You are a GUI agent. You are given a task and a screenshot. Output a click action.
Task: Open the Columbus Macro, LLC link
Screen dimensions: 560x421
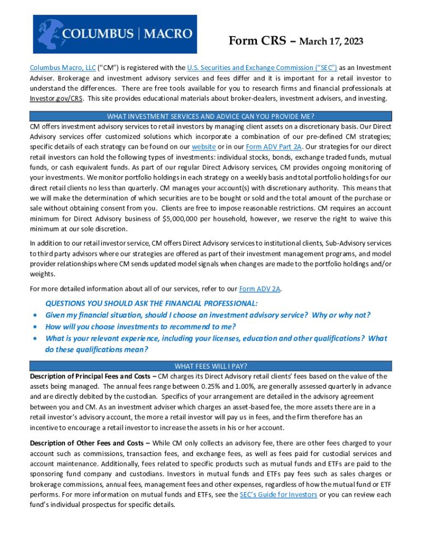click(x=62, y=68)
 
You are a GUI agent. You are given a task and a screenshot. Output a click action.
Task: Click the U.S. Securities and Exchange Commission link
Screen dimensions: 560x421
click(x=261, y=68)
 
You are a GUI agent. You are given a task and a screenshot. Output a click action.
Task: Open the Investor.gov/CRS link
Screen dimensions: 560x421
click(x=56, y=99)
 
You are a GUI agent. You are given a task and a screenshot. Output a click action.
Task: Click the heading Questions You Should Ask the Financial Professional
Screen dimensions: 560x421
click(x=151, y=303)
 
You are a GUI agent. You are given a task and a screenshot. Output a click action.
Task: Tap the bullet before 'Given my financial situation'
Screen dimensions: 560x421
click(x=36, y=315)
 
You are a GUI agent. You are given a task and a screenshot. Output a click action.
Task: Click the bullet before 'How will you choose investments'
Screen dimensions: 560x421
click(x=36, y=326)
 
